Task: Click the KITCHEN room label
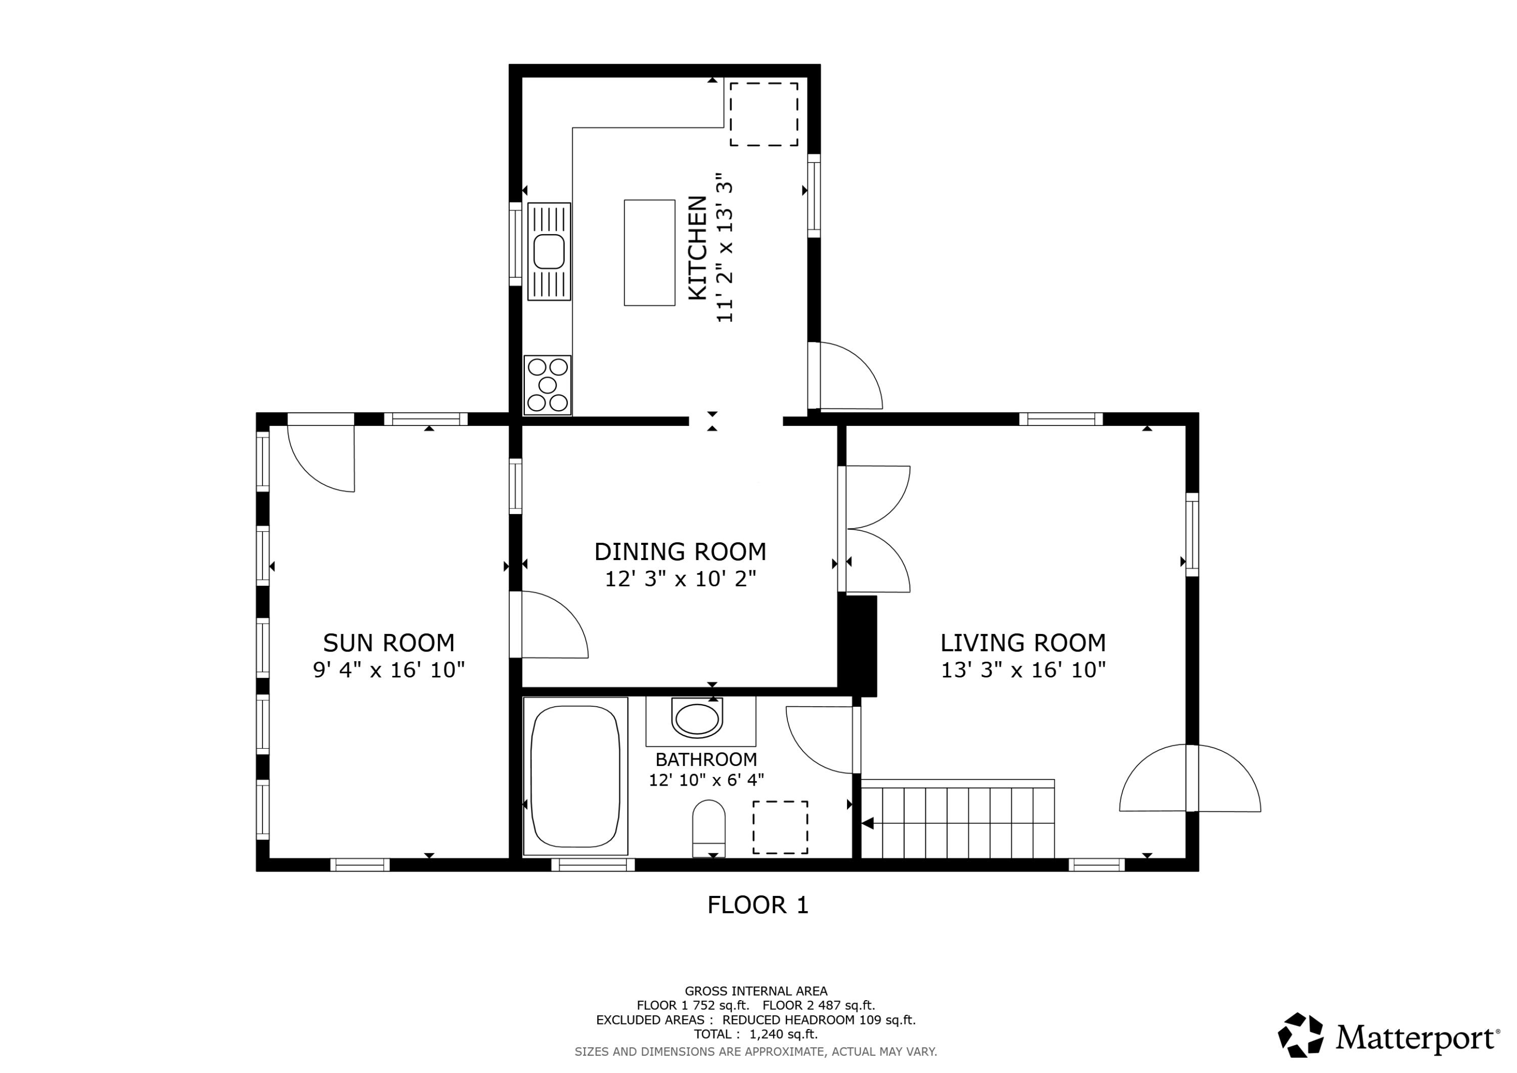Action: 698,248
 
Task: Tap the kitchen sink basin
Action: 550,252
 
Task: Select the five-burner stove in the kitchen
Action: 548,385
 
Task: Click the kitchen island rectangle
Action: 649,252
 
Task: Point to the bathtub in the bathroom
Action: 575,777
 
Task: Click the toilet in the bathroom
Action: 709,829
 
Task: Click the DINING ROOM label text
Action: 681,551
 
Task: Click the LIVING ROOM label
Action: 1023,642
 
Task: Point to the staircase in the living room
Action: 958,819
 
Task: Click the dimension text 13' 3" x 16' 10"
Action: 1023,670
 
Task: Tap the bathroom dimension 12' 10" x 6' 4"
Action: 706,780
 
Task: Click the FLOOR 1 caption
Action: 758,905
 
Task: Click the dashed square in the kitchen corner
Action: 764,114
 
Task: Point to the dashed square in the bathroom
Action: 780,827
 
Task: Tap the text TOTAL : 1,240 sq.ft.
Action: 756,1034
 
